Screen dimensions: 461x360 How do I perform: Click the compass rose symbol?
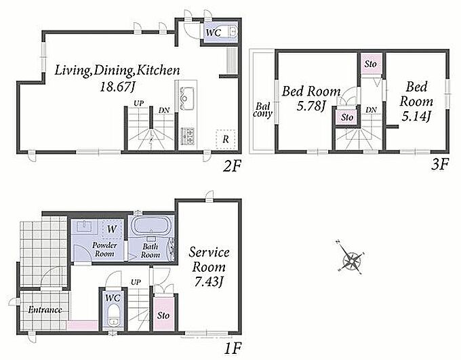352,259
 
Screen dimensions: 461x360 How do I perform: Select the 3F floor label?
439,165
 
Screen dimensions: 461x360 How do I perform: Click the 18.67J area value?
117,87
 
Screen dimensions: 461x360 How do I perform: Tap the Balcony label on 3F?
262,110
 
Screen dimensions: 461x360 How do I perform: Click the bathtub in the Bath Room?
151,226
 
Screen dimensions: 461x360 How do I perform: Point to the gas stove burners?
187,136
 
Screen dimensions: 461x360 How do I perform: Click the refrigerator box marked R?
226,140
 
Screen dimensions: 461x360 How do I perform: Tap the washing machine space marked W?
112,229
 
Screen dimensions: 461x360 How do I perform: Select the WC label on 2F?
214,33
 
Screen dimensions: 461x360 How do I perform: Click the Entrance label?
45,310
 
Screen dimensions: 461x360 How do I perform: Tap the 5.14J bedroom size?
416,117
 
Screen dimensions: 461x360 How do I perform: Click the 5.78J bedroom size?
310,106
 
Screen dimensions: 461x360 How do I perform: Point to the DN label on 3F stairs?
372,110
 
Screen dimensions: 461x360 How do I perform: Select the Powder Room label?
104,249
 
